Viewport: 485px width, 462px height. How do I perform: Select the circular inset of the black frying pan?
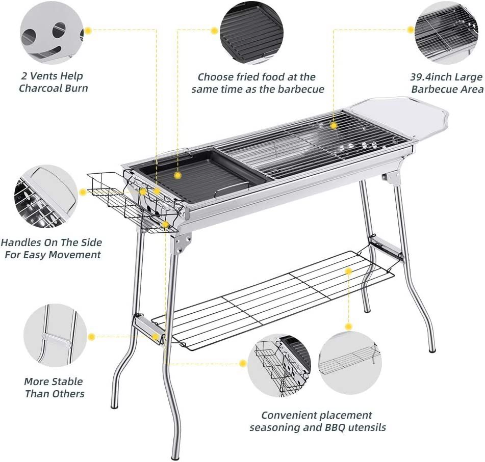(x=251, y=32)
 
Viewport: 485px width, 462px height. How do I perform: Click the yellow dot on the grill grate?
(x=334, y=125)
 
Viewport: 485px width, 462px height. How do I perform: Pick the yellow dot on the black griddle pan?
(x=177, y=175)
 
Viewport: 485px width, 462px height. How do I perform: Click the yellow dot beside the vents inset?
(x=88, y=31)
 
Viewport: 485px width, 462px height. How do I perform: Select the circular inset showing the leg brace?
(x=55, y=335)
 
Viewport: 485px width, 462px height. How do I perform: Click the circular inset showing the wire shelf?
(x=350, y=362)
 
